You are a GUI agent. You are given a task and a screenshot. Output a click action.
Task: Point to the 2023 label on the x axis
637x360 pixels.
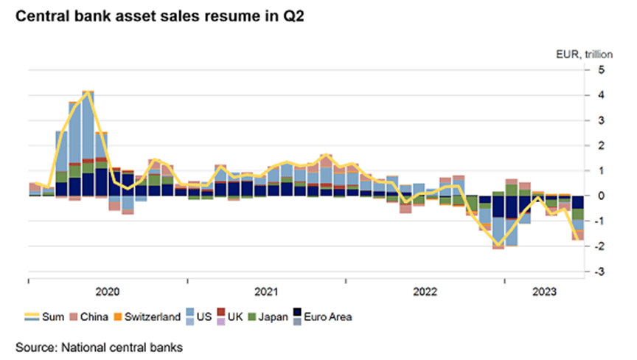[544, 292]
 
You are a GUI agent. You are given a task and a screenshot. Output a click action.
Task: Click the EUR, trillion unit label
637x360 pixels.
[579, 55]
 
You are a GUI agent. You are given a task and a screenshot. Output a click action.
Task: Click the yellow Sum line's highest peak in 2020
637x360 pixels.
[88, 92]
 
